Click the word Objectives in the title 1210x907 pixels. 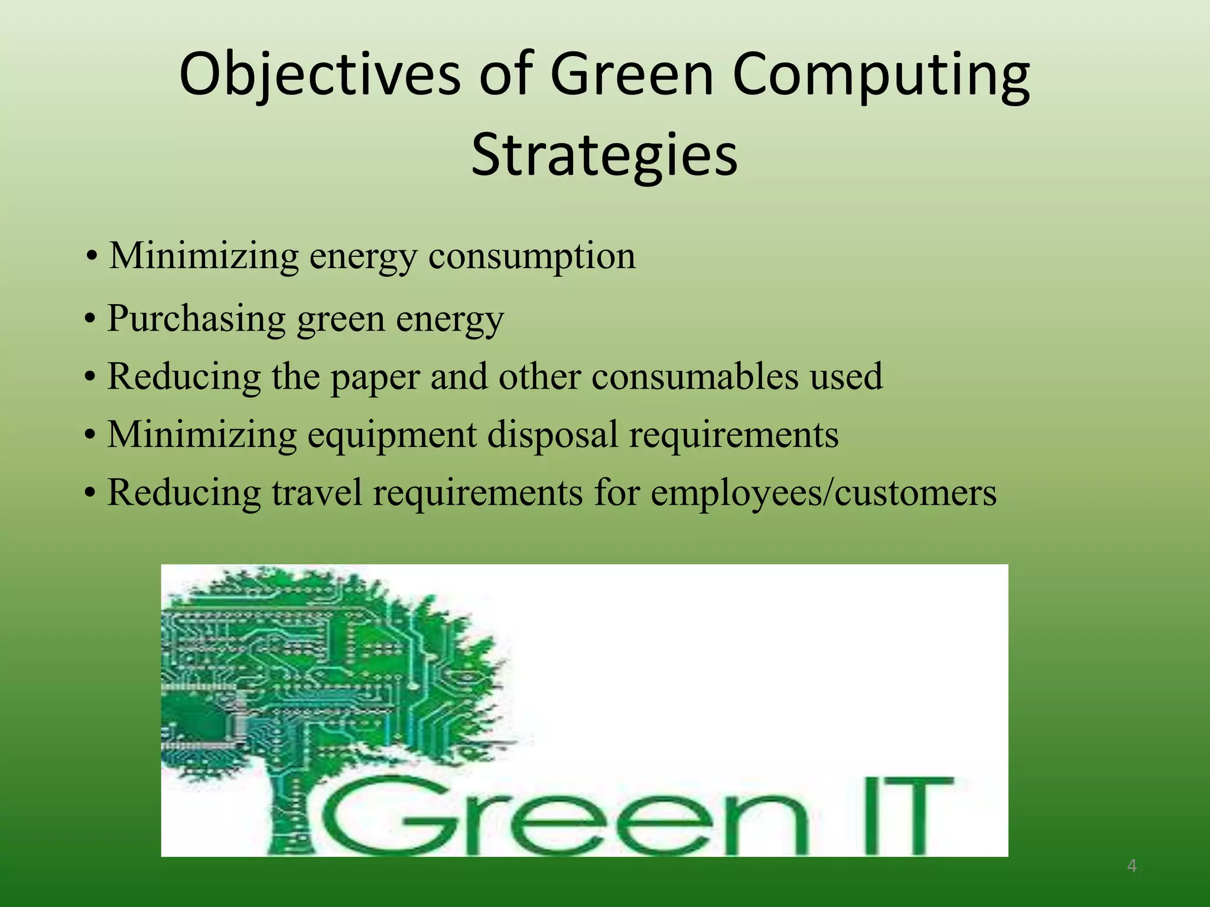[x=319, y=76]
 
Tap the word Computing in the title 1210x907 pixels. [x=882, y=76]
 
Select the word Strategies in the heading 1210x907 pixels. [x=604, y=155]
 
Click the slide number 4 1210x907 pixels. [x=1131, y=866]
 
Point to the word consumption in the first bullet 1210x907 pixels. [x=532, y=257]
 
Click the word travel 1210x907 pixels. [x=316, y=492]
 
